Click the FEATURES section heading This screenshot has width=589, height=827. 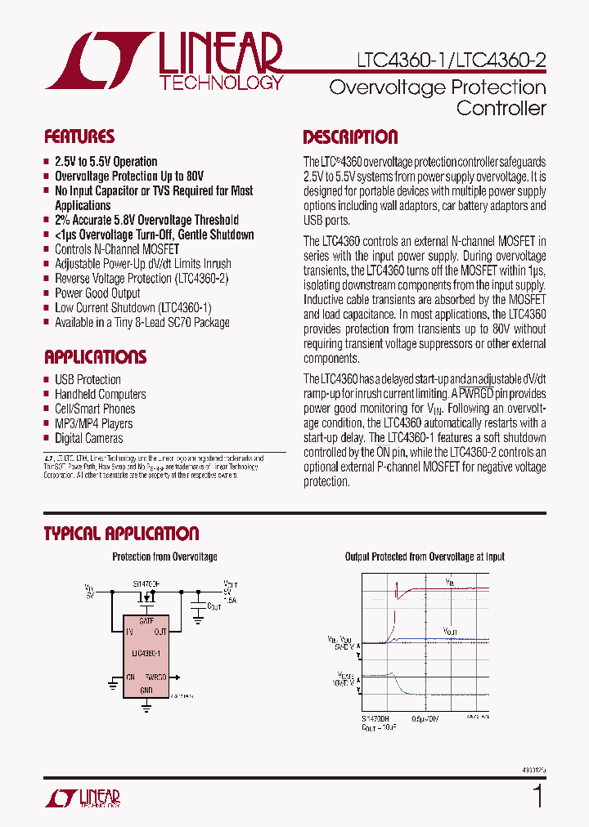coord(79,136)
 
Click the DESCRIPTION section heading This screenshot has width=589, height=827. coord(350,136)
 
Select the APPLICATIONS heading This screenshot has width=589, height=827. coord(95,357)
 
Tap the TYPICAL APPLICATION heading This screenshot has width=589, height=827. coord(121,534)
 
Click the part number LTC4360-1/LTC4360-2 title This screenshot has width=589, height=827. coord(452,60)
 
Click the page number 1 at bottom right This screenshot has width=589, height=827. coord(537,795)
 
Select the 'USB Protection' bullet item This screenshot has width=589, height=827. coord(88,380)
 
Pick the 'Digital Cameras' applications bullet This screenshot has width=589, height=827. coord(89,439)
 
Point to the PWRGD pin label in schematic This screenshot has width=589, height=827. coord(156,677)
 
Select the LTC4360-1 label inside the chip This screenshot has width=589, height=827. coord(147,653)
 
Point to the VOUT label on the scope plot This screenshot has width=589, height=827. coord(451,631)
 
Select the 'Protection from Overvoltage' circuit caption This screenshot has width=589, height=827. coord(164,557)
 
